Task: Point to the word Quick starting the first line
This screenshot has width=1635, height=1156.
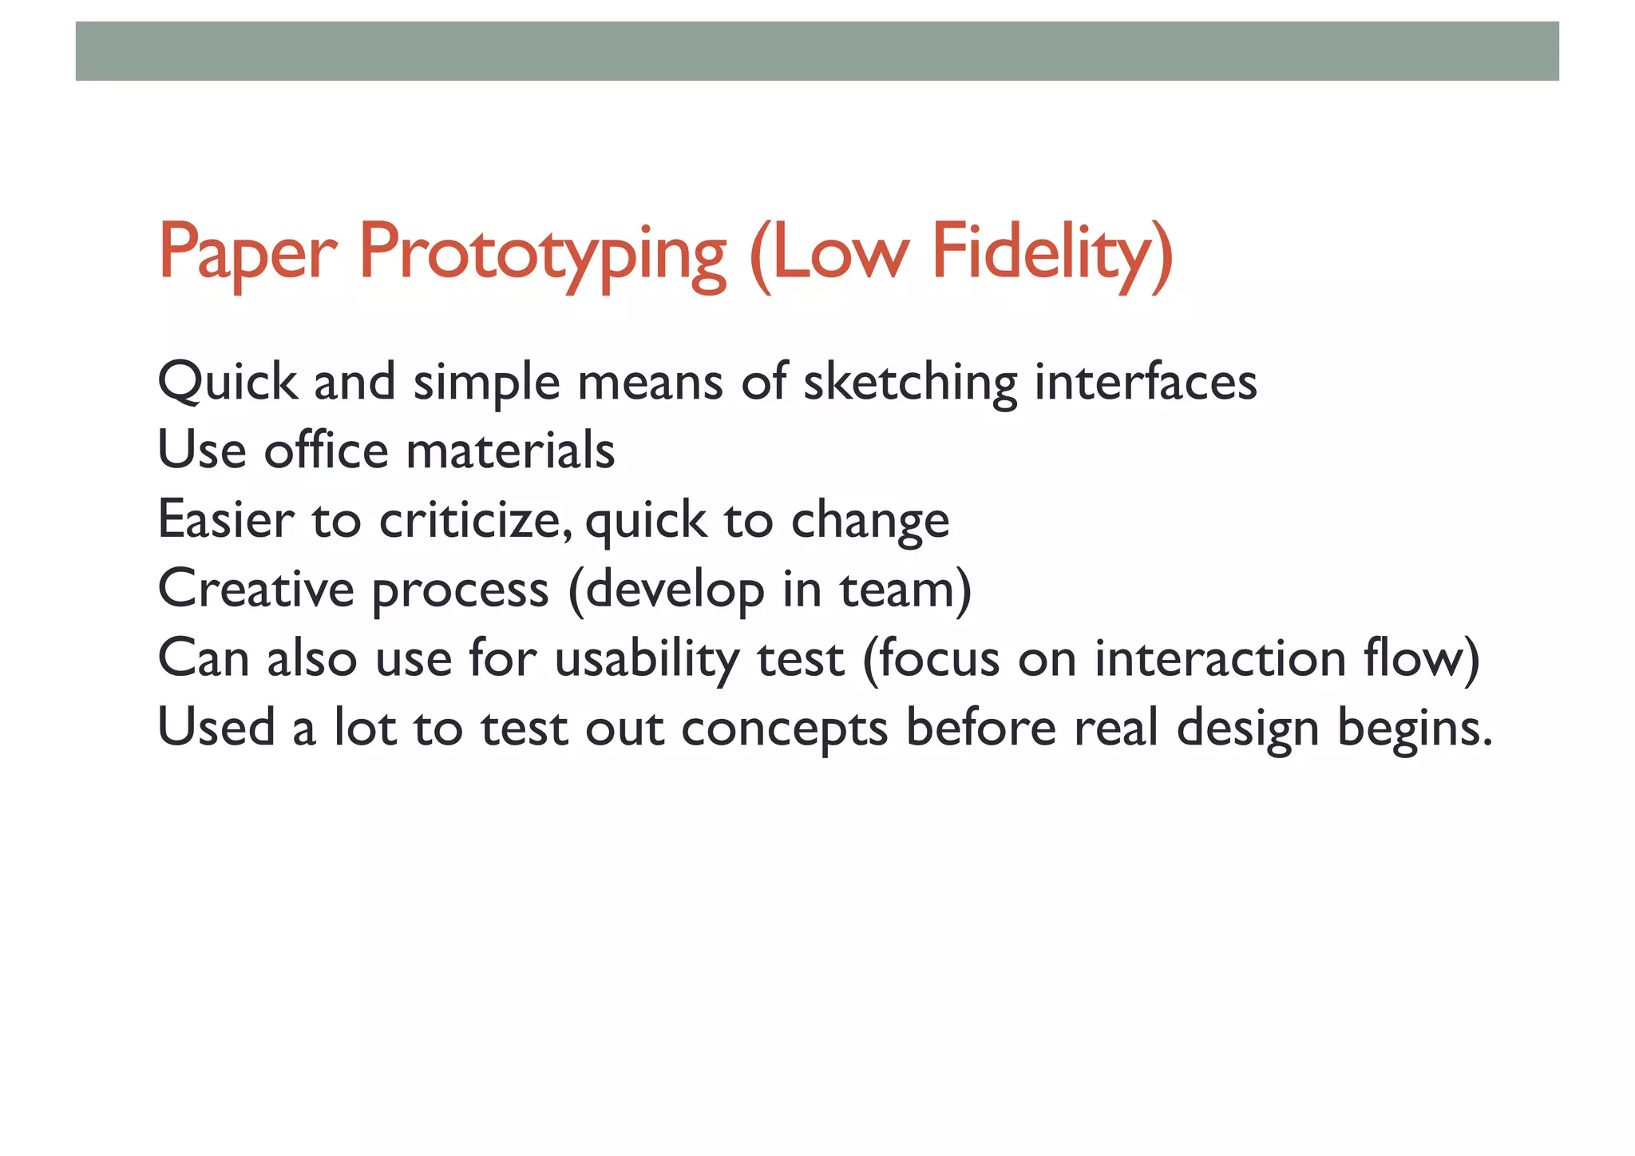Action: tap(227, 382)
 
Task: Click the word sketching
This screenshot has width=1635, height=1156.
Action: tap(909, 382)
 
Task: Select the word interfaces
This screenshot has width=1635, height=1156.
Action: tap(1145, 382)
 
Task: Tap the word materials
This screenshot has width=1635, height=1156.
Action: tap(510, 451)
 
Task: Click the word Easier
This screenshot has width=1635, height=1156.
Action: tap(226, 520)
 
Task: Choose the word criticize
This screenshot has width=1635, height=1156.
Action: tap(474, 520)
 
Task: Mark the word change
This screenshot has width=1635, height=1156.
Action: tap(869, 522)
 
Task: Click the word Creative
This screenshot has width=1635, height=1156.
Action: tap(255, 589)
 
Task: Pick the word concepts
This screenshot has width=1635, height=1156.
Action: tap(784, 729)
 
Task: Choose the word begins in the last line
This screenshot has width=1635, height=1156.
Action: tap(1405, 729)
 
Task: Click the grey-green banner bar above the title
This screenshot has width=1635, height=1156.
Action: tap(817, 51)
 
